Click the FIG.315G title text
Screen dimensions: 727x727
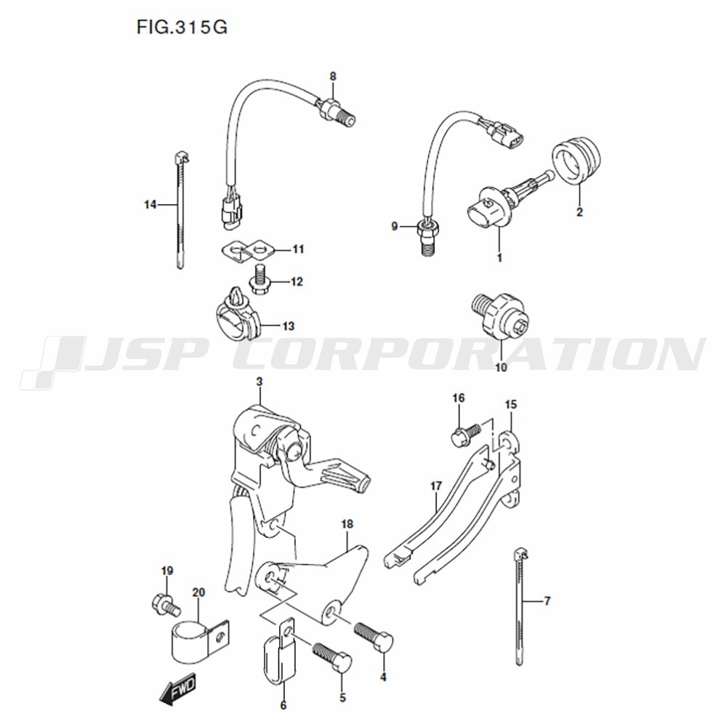click(182, 28)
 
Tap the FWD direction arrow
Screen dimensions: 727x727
click(177, 688)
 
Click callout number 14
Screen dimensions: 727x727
click(150, 204)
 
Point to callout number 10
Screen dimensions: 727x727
click(501, 368)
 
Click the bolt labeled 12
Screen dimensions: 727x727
click(260, 278)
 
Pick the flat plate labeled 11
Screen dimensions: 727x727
click(246, 251)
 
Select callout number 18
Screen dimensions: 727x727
click(347, 524)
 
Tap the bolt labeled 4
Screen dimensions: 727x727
click(374, 638)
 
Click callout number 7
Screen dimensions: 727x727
click(547, 601)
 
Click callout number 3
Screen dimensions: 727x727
click(260, 382)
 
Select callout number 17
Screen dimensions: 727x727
click(435, 486)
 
